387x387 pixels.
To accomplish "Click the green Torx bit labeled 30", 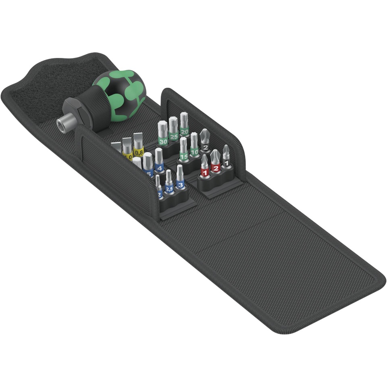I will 163,137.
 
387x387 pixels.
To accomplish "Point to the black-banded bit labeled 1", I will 226,160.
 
